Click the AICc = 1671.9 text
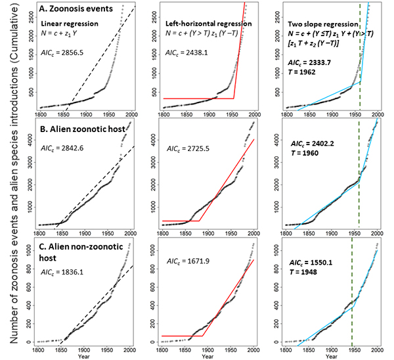point(185,261)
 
